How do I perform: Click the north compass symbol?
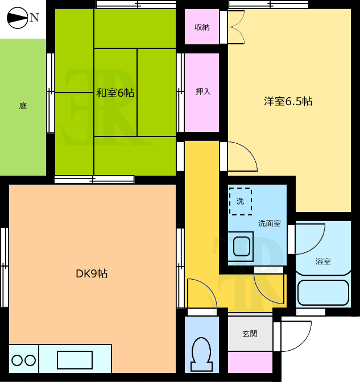point(17,18)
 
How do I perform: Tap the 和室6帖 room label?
point(115,93)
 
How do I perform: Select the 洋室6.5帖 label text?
point(288,101)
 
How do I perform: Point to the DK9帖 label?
point(92,273)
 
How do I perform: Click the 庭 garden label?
point(23,106)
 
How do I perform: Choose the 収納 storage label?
point(202,27)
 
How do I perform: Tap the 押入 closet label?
point(203,92)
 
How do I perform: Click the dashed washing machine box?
point(241,201)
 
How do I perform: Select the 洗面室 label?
point(270,223)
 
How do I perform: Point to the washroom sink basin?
point(242,246)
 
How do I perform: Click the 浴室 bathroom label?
point(323,261)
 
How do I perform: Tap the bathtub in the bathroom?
point(324,293)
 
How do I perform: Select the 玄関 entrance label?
point(250,334)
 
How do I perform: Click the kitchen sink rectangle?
point(75,360)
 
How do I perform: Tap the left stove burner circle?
point(17,360)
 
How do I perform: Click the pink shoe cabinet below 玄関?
point(250,362)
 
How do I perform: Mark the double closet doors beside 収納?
point(237,27)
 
